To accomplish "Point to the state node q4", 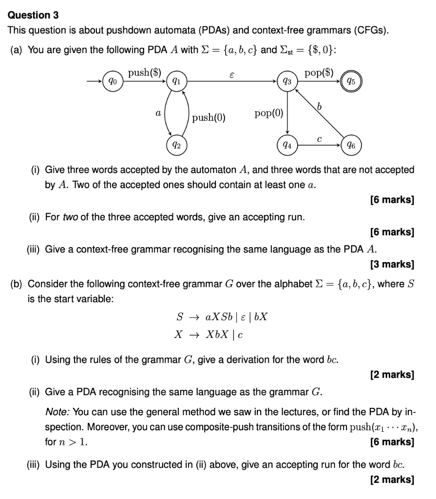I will pos(287,144).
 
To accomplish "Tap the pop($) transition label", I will pos(319,73).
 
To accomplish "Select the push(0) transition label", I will pos(209,117).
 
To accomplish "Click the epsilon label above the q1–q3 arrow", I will pos(231,74).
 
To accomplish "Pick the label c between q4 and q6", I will pos(319,139).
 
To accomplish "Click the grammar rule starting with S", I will pos(222,317).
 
